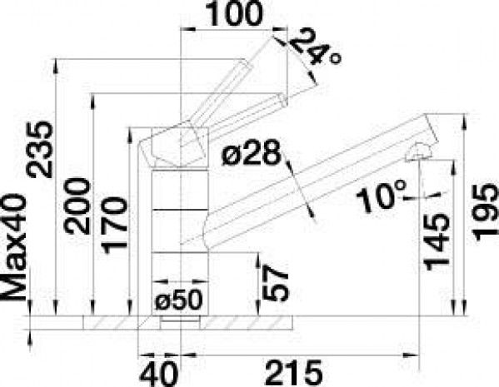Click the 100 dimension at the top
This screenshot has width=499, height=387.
pyautogui.click(x=235, y=13)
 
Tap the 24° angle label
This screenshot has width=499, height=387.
pyautogui.click(x=316, y=47)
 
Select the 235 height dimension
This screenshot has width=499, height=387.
pyautogui.click(x=40, y=149)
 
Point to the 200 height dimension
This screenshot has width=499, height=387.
pyautogui.click(x=77, y=206)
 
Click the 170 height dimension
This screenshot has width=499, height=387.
pyautogui.click(x=114, y=226)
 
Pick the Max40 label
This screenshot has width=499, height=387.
pyautogui.click(x=13, y=246)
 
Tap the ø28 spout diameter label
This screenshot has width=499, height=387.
pyautogui.click(x=252, y=153)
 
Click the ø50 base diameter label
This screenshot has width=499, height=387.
pyautogui.click(x=178, y=300)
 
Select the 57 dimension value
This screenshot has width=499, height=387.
pyautogui.click(x=275, y=283)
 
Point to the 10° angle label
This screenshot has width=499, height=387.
pyautogui.click(x=382, y=196)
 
